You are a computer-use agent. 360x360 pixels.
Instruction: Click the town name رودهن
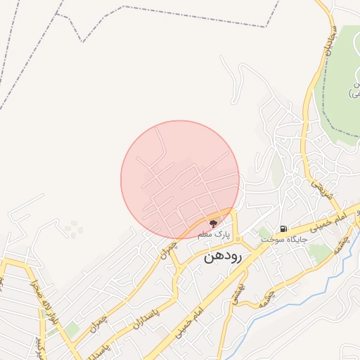coord(223,257)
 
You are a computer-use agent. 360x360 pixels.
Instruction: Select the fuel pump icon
coord(283,229)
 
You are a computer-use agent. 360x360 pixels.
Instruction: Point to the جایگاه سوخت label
coord(285,239)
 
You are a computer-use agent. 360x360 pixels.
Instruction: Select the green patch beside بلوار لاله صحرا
coord(72,329)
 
